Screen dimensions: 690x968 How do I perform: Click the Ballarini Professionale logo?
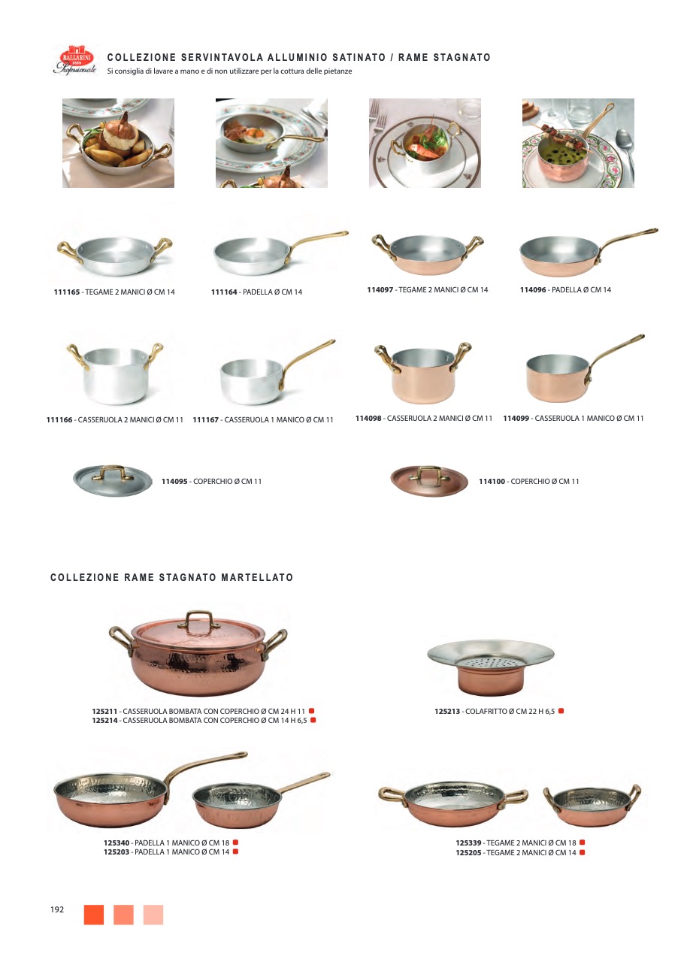click(74, 59)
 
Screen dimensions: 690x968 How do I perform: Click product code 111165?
click(67, 292)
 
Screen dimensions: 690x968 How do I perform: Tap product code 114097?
click(380, 290)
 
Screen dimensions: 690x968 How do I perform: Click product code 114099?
click(516, 419)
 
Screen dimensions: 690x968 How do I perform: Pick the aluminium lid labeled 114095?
click(112, 480)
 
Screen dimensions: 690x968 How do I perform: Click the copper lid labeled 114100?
click(429, 481)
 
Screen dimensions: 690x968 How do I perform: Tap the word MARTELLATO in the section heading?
click(257, 577)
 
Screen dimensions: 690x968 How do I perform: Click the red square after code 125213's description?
click(561, 711)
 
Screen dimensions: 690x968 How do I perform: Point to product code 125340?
click(117, 842)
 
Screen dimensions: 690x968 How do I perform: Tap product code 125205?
click(468, 852)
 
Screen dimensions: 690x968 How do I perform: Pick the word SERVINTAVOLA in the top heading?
click(222, 57)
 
